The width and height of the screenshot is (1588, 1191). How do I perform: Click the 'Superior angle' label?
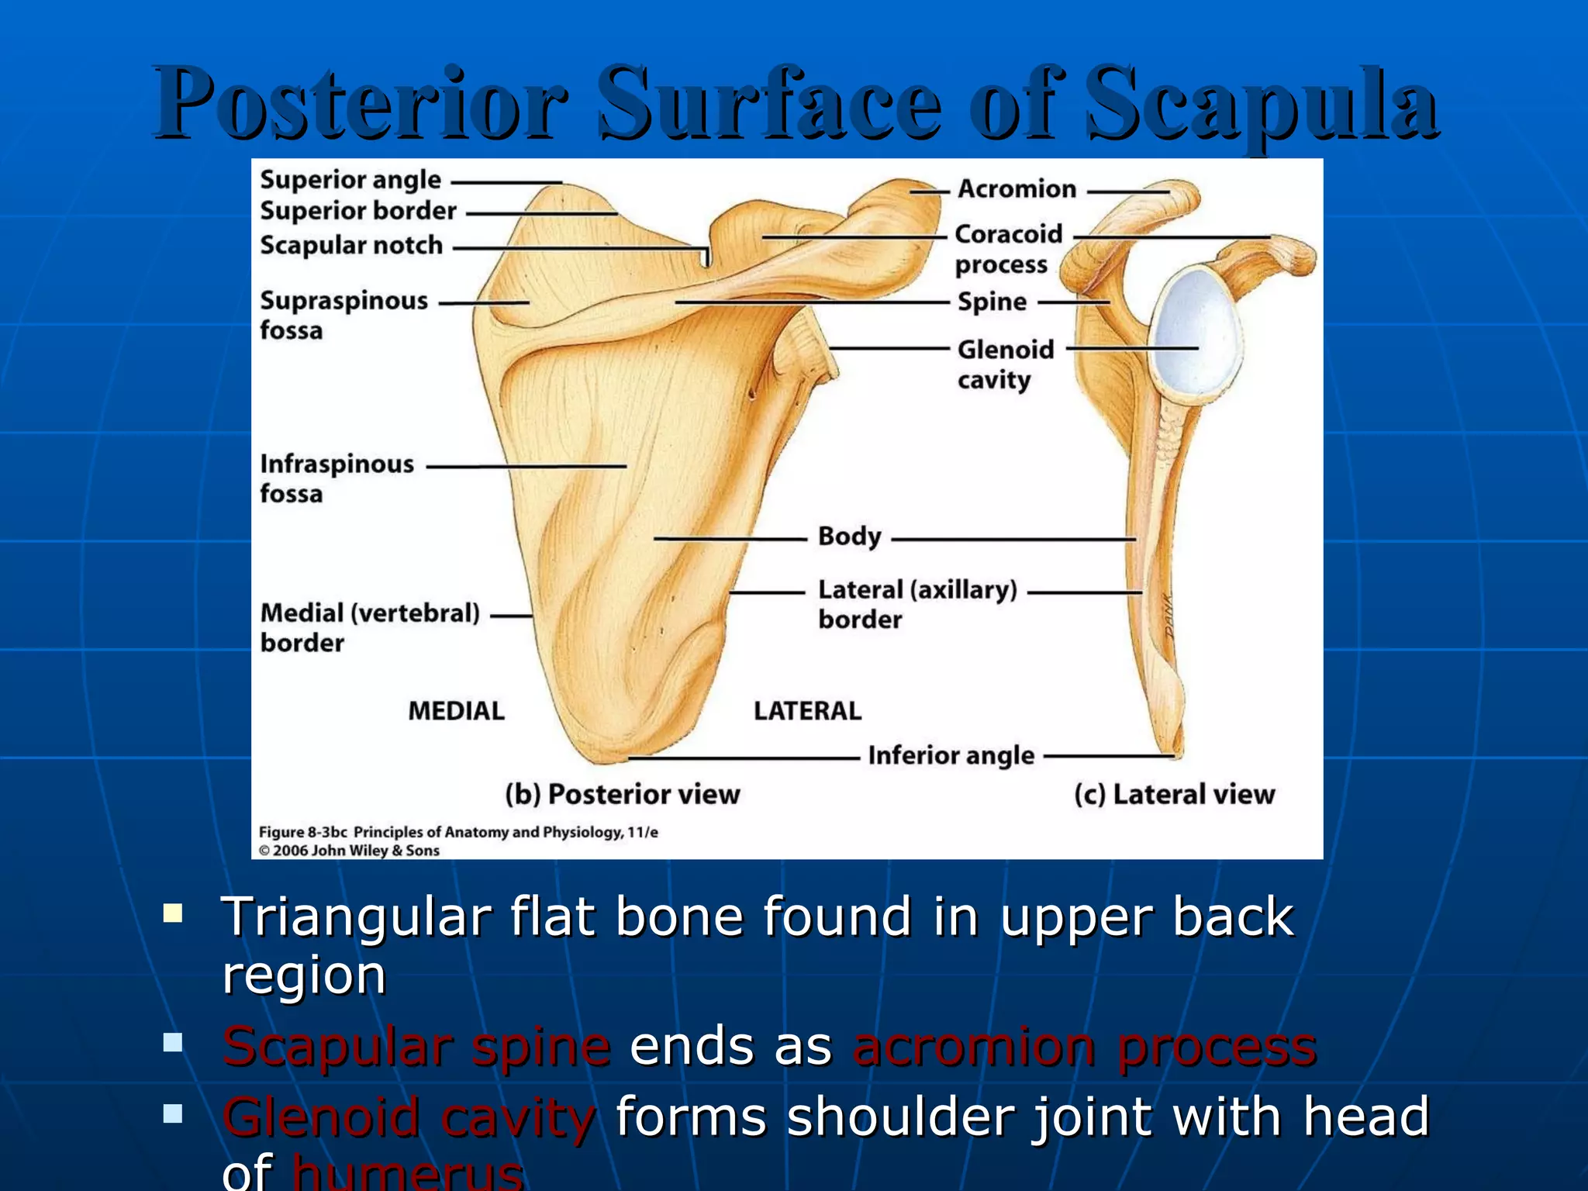point(350,180)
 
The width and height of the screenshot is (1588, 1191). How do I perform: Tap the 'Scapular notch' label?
point(350,245)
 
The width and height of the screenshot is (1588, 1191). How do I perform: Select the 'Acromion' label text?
point(1017,188)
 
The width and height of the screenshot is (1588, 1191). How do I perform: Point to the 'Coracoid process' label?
point(1007,249)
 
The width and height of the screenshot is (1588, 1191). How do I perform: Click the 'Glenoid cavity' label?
point(1005,364)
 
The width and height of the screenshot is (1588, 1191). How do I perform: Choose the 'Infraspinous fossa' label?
point(336,478)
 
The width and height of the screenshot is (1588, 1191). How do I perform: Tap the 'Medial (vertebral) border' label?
point(369,627)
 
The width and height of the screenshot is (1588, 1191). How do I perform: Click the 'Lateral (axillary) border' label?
point(917,604)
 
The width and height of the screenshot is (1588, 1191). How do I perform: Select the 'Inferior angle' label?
point(951,755)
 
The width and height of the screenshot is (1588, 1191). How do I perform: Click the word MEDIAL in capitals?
point(456,710)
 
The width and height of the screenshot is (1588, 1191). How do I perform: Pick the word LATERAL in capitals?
point(807,710)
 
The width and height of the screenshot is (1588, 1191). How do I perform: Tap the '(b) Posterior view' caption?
point(622,794)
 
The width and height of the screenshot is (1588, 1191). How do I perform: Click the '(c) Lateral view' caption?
point(1174,794)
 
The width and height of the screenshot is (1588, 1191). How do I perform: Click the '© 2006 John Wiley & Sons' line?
point(349,851)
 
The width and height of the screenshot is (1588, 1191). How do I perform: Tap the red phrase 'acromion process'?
point(1084,1047)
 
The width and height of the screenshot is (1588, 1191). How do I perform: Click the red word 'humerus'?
point(407,1172)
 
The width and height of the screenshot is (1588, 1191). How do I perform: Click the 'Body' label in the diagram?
point(849,537)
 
